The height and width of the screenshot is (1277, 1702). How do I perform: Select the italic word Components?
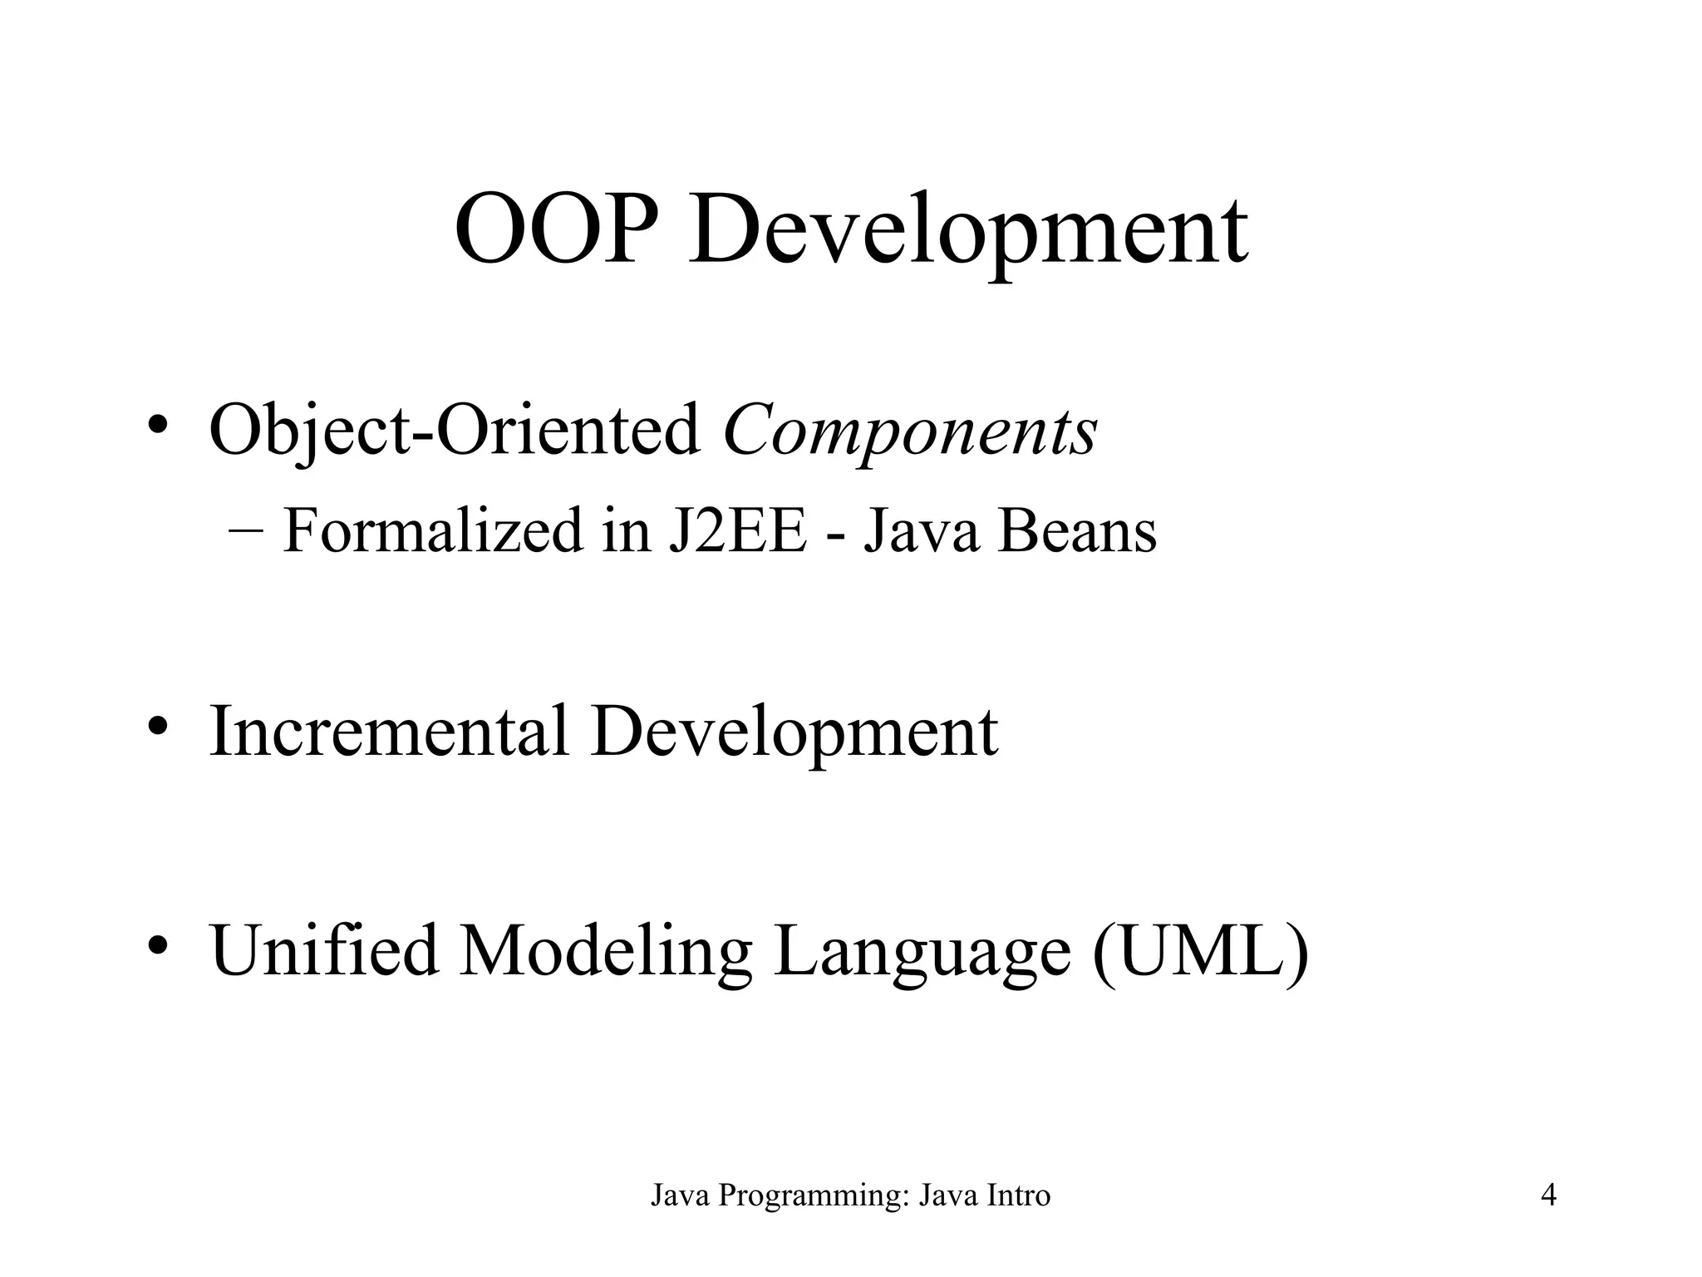(x=910, y=432)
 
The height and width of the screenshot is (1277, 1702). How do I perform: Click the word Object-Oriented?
(x=455, y=432)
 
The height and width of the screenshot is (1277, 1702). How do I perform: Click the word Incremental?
(x=389, y=731)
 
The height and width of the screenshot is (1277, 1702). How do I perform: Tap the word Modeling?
(x=606, y=951)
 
